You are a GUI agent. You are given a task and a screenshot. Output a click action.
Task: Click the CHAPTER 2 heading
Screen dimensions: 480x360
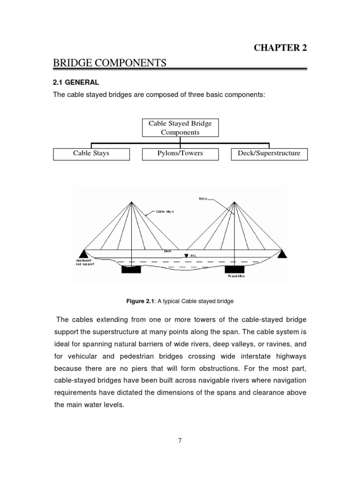[280, 48]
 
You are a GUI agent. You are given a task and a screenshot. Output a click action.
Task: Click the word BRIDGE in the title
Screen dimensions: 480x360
[75, 63]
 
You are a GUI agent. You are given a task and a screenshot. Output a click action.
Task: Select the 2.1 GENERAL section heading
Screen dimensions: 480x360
[76, 82]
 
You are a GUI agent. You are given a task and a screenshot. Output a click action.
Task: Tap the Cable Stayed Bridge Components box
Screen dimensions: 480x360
[180, 128]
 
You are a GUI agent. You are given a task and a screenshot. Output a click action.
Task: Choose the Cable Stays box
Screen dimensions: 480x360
[91, 153]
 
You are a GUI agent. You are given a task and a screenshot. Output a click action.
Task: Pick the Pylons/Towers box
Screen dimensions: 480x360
[180, 153]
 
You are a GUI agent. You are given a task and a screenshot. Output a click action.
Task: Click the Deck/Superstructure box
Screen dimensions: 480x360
[269, 153]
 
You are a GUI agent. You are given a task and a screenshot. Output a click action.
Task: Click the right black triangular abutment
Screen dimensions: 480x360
[282, 254]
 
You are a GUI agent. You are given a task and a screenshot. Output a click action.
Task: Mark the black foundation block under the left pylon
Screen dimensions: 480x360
[131, 270]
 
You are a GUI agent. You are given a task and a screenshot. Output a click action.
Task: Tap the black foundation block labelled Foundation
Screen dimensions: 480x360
[234, 269]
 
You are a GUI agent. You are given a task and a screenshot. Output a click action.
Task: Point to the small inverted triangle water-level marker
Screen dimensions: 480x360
[186, 256]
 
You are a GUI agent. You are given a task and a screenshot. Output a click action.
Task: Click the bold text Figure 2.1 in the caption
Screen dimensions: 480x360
[143, 301]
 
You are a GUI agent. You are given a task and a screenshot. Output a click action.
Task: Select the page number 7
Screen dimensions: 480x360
[180, 440]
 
